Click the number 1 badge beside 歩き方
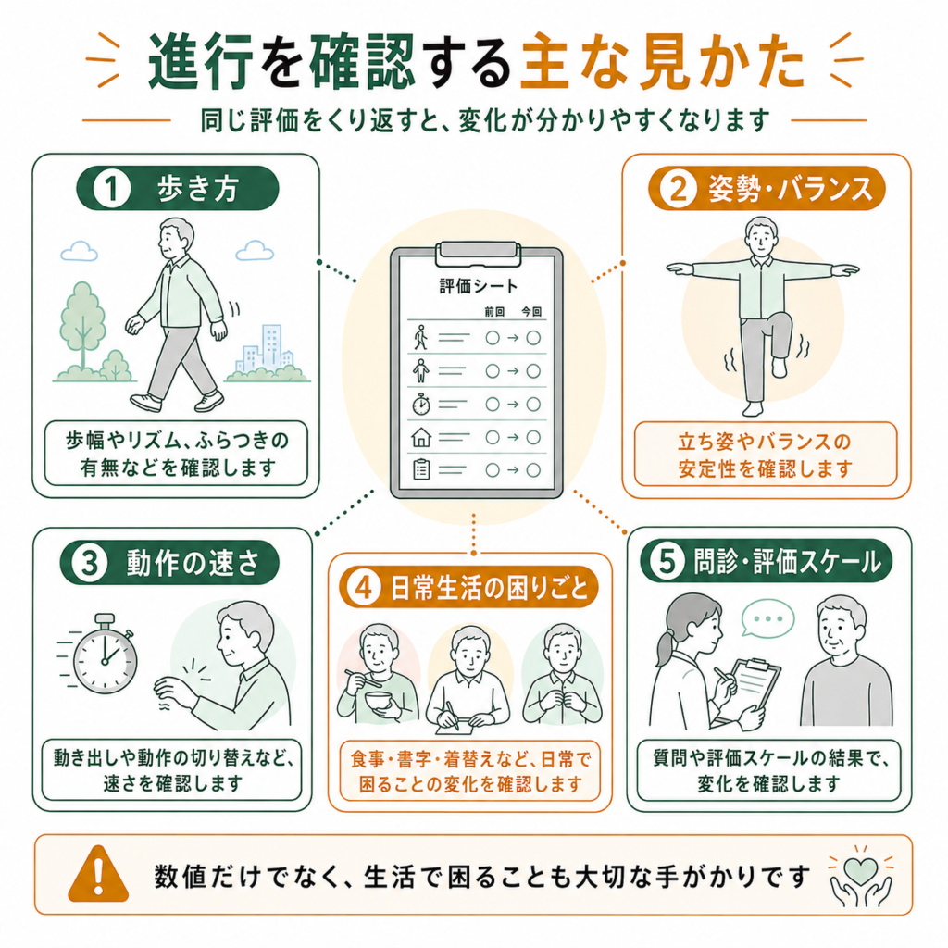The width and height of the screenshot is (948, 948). click(112, 189)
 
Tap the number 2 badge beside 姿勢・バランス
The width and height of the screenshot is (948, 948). click(678, 189)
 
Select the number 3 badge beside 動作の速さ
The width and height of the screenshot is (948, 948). click(90, 564)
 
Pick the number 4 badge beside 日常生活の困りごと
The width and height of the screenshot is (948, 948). click(363, 587)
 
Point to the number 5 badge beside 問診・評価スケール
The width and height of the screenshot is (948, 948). click(667, 560)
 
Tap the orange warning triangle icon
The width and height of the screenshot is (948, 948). click(98, 874)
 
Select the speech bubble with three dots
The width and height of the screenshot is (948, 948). click(767, 617)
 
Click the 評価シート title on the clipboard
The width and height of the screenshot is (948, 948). click(479, 286)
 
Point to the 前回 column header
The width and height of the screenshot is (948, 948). click(494, 312)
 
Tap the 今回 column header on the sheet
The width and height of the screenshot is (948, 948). click(532, 312)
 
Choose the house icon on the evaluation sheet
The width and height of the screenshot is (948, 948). click(421, 437)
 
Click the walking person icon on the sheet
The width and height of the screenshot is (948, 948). click(421, 337)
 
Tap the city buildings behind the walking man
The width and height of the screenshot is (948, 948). click(266, 351)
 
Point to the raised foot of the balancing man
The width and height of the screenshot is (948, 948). click(780, 368)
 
